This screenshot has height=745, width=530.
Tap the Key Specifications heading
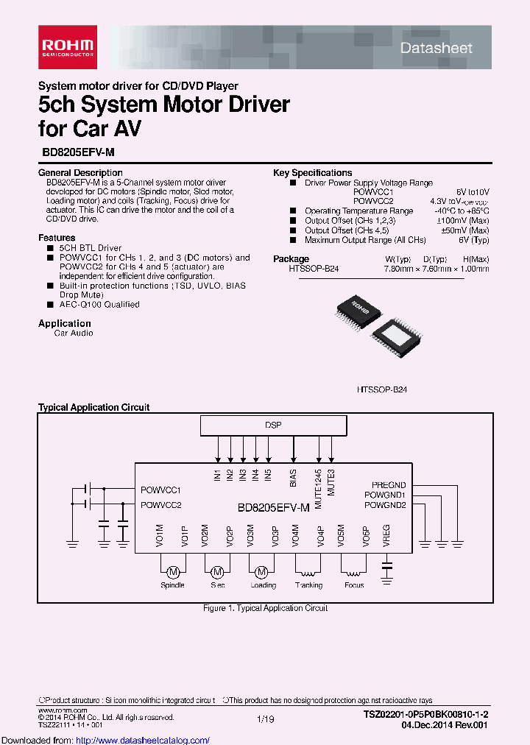tap(312, 173)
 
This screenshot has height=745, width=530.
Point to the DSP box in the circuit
tap(273, 426)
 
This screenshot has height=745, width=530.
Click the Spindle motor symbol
tap(173, 572)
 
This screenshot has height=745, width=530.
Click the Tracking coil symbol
tap(308, 571)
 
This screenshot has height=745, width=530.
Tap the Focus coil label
tap(354, 585)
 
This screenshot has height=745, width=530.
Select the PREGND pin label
tap(389, 485)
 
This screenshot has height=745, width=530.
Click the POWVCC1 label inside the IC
tap(161, 490)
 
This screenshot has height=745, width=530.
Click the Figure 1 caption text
tap(265, 608)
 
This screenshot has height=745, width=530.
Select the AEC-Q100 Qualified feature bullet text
tap(99, 304)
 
